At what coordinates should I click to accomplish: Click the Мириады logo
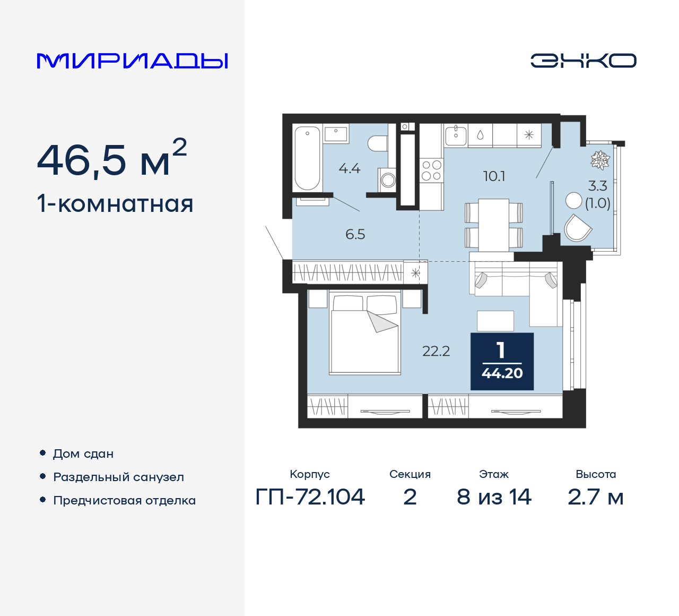click(x=132, y=61)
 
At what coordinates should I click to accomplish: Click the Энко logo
click(x=583, y=61)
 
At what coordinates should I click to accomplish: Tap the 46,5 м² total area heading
click(x=112, y=159)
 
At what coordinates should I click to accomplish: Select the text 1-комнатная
click(x=115, y=204)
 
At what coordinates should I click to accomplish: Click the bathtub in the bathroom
click(x=307, y=158)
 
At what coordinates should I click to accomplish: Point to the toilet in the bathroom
click(x=378, y=143)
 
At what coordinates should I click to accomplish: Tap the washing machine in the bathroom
click(x=388, y=179)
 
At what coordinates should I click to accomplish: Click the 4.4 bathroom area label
click(x=350, y=169)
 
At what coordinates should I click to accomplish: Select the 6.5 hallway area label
click(x=355, y=234)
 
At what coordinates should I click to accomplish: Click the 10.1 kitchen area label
click(x=494, y=176)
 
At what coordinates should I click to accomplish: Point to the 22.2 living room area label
click(x=436, y=351)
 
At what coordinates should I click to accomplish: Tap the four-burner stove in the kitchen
click(x=431, y=170)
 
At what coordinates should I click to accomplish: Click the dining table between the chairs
click(x=494, y=225)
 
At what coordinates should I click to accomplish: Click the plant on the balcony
click(x=600, y=160)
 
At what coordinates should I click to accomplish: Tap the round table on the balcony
click(x=573, y=200)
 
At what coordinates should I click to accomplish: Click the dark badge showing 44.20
click(x=502, y=362)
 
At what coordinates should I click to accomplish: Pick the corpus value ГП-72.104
click(x=310, y=497)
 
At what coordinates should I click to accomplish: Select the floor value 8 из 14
click(x=494, y=497)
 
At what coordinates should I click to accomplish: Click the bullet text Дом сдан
click(x=83, y=454)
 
